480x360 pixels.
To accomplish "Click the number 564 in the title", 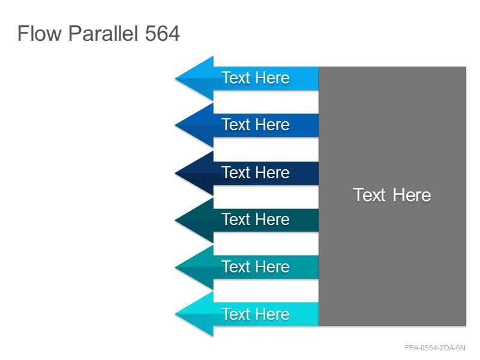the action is (162, 34).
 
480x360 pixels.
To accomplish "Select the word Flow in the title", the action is (39, 34).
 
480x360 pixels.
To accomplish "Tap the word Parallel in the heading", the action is (103, 34).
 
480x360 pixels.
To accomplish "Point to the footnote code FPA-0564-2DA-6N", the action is (435, 348).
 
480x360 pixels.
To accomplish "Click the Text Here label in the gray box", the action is (392, 195).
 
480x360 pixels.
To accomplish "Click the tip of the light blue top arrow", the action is (175, 79).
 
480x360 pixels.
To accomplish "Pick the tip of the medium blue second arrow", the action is (175, 125).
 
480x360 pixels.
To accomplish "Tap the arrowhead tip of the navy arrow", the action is (175, 173).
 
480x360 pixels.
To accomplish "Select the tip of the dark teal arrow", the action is (175, 220).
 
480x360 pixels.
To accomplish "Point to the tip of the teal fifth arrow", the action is (175, 268).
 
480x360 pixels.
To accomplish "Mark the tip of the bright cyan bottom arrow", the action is (175, 314).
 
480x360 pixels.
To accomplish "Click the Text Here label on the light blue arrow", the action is (256, 78).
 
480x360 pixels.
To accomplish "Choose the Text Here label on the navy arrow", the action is (256, 173).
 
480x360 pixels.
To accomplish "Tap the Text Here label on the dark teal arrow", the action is (256, 220).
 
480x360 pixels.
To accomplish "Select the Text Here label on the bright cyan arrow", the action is (256, 314).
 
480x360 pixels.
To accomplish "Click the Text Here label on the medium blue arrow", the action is (256, 125).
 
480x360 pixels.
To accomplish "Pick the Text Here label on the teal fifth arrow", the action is (256, 266).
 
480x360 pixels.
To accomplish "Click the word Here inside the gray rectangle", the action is (412, 195).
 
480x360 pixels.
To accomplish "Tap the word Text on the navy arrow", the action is (236, 173).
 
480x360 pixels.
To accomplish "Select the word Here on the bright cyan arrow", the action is (273, 314).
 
